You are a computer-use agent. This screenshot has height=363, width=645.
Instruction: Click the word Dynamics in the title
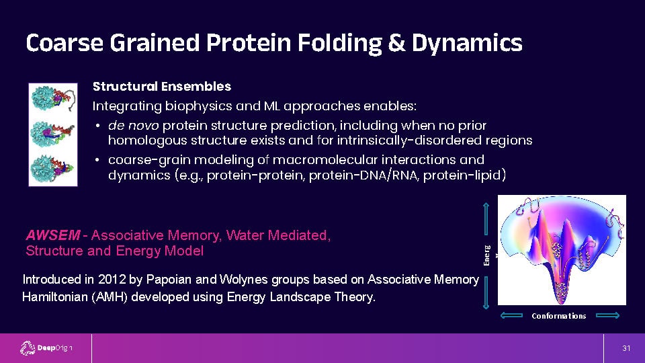(x=467, y=43)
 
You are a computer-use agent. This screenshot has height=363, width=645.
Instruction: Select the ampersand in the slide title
(x=396, y=43)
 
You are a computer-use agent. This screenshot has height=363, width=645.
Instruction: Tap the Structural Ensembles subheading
(x=162, y=87)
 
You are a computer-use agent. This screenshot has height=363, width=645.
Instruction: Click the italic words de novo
(x=133, y=125)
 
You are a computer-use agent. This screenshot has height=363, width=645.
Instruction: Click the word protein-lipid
(x=464, y=175)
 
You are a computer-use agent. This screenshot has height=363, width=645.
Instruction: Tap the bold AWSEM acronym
(x=52, y=235)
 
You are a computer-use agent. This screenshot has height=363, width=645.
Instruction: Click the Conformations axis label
(x=558, y=316)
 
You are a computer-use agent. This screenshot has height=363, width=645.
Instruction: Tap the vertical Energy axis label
(x=487, y=255)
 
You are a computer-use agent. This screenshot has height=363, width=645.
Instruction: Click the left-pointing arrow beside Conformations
(x=511, y=316)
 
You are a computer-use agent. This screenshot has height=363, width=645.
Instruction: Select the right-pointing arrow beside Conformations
(x=607, y=316)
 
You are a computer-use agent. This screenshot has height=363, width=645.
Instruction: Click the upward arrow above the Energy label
(x=486, y=218)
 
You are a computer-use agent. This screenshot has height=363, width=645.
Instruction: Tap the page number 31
(x=626, y=348)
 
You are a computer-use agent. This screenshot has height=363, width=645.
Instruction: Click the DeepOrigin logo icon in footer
(x=28, y=348)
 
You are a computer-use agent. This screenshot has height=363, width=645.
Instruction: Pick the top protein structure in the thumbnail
(x=53, y=99)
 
